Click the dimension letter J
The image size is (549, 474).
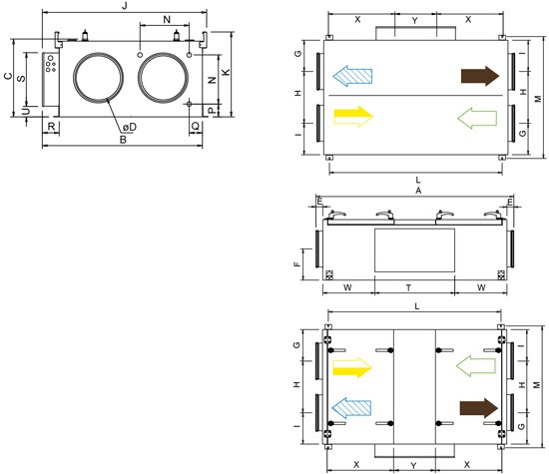pos(123,6)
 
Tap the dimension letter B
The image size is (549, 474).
pos(123,140)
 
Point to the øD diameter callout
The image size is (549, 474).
pos(131,126)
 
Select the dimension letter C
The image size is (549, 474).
pos(7,77)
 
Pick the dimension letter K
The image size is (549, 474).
pos(227,73)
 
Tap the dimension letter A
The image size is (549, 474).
pos(418,190)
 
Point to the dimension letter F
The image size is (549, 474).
pos(296,263)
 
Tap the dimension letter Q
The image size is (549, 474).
pos(196,127)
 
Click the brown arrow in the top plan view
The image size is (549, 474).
pos(479,76)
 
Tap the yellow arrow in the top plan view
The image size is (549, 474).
pos(352,116)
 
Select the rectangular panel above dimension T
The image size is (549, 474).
pos(413,248)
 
